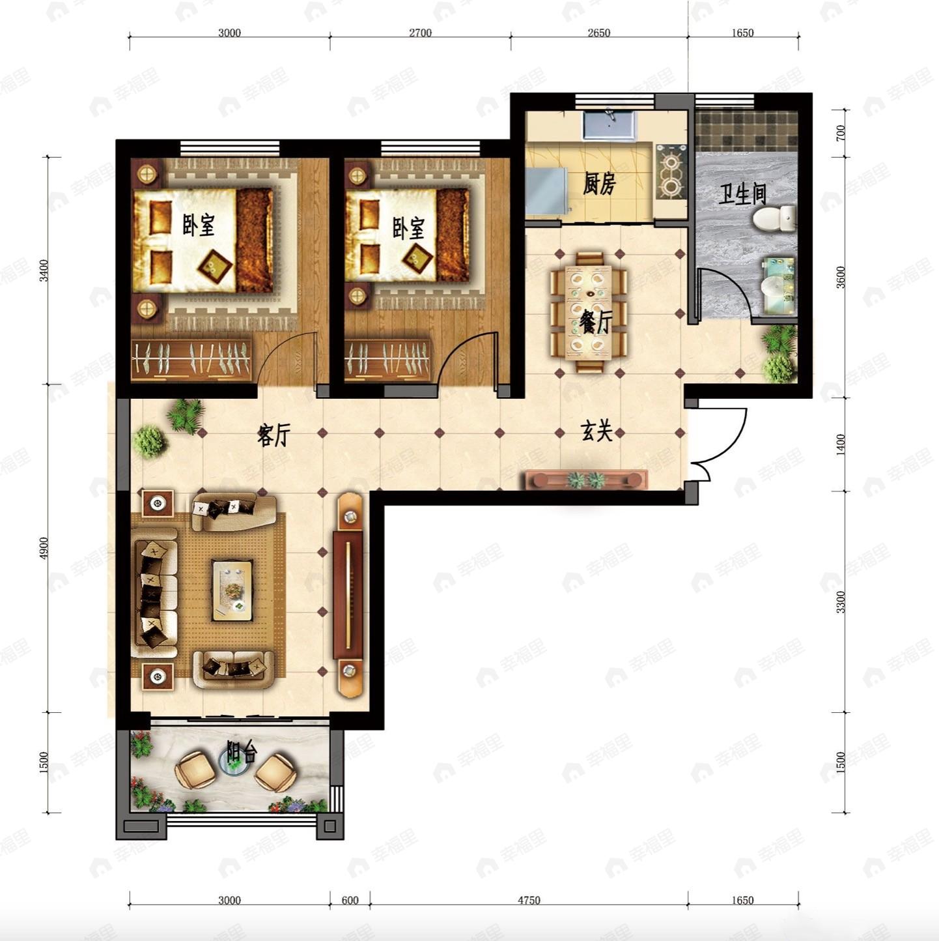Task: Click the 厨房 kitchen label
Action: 599,184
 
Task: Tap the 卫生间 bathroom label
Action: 742,194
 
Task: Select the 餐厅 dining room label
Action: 595,323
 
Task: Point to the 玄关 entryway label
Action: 596,431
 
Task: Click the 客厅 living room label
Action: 273,435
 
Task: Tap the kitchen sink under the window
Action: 610,124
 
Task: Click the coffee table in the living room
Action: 232,590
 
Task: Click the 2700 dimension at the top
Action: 420,33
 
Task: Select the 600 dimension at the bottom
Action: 350,900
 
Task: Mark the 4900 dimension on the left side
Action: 44,548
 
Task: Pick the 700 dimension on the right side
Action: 840,133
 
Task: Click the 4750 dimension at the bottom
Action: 529,900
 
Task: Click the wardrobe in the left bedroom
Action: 192,358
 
